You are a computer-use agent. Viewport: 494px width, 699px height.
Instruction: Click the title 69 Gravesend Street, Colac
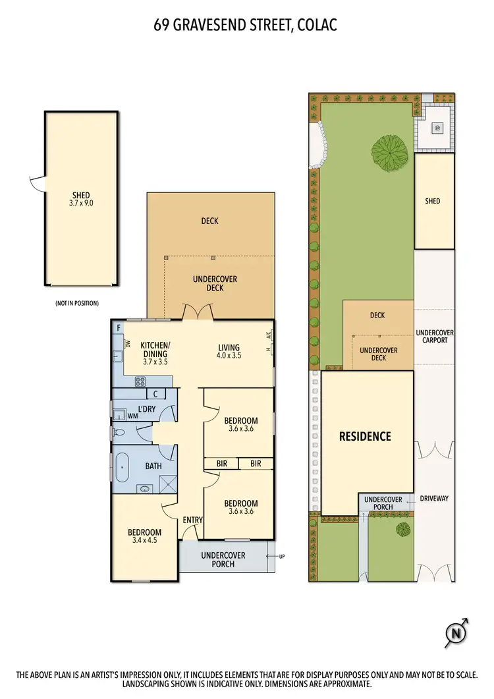(246, 26)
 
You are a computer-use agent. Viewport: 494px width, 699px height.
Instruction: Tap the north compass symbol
(456, 634)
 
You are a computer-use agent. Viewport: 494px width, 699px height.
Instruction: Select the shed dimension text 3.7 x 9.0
(82, 204)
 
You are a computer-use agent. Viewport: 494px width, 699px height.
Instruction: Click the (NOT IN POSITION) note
(76, 303)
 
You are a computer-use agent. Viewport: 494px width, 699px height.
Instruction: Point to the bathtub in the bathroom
(123, 466)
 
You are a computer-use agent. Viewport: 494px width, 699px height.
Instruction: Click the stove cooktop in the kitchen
(141, 381)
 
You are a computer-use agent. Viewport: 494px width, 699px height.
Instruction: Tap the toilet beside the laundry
(118, 433)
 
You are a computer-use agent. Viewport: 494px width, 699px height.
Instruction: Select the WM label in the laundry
(132, 416)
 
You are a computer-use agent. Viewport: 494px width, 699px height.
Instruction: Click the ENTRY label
(192, 520)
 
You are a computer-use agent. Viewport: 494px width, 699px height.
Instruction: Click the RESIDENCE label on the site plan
(365, 436)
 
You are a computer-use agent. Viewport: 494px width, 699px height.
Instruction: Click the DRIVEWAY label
(434, 499)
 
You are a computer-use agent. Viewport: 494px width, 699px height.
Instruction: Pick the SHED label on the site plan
(432, 201)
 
